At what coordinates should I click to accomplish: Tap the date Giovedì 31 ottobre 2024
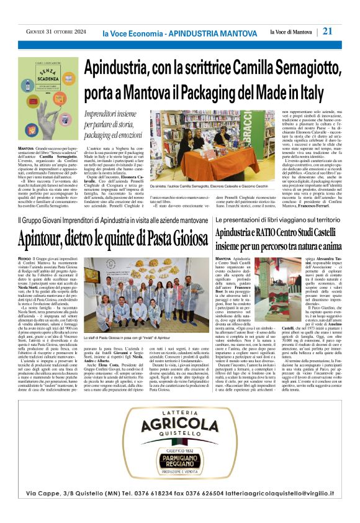coord(56,32)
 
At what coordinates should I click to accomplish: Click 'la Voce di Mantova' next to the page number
coord(291,32)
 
